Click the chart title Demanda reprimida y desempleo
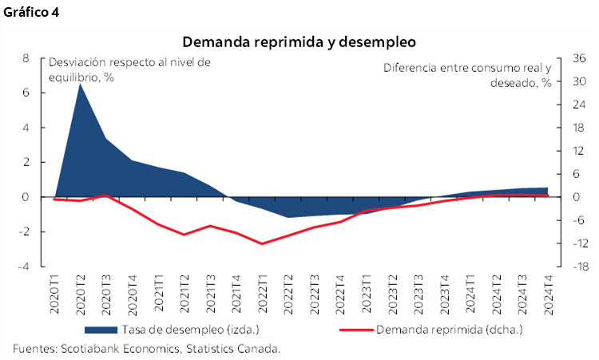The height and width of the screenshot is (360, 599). (300, 41)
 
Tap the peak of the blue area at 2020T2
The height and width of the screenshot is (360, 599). (80, 83)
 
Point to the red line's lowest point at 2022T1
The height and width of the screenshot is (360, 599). (262, 243)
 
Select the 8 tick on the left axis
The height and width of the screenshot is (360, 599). (26, 58)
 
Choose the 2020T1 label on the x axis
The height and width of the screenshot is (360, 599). (54, 295)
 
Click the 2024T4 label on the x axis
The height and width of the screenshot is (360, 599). (548, 295)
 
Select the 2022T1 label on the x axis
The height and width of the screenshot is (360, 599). (262, 295)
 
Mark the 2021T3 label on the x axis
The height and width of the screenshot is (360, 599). (210, 295)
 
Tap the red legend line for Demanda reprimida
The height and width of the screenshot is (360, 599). (355, 329)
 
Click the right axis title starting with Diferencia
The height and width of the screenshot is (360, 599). (467, 75)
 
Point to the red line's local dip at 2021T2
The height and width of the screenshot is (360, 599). (184, 235)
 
